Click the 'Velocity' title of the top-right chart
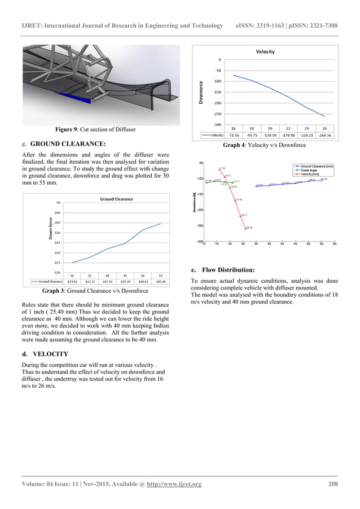265,51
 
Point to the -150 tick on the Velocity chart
216,92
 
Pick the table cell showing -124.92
72,280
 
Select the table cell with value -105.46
160,280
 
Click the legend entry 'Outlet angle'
310,170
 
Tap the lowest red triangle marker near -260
246,228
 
